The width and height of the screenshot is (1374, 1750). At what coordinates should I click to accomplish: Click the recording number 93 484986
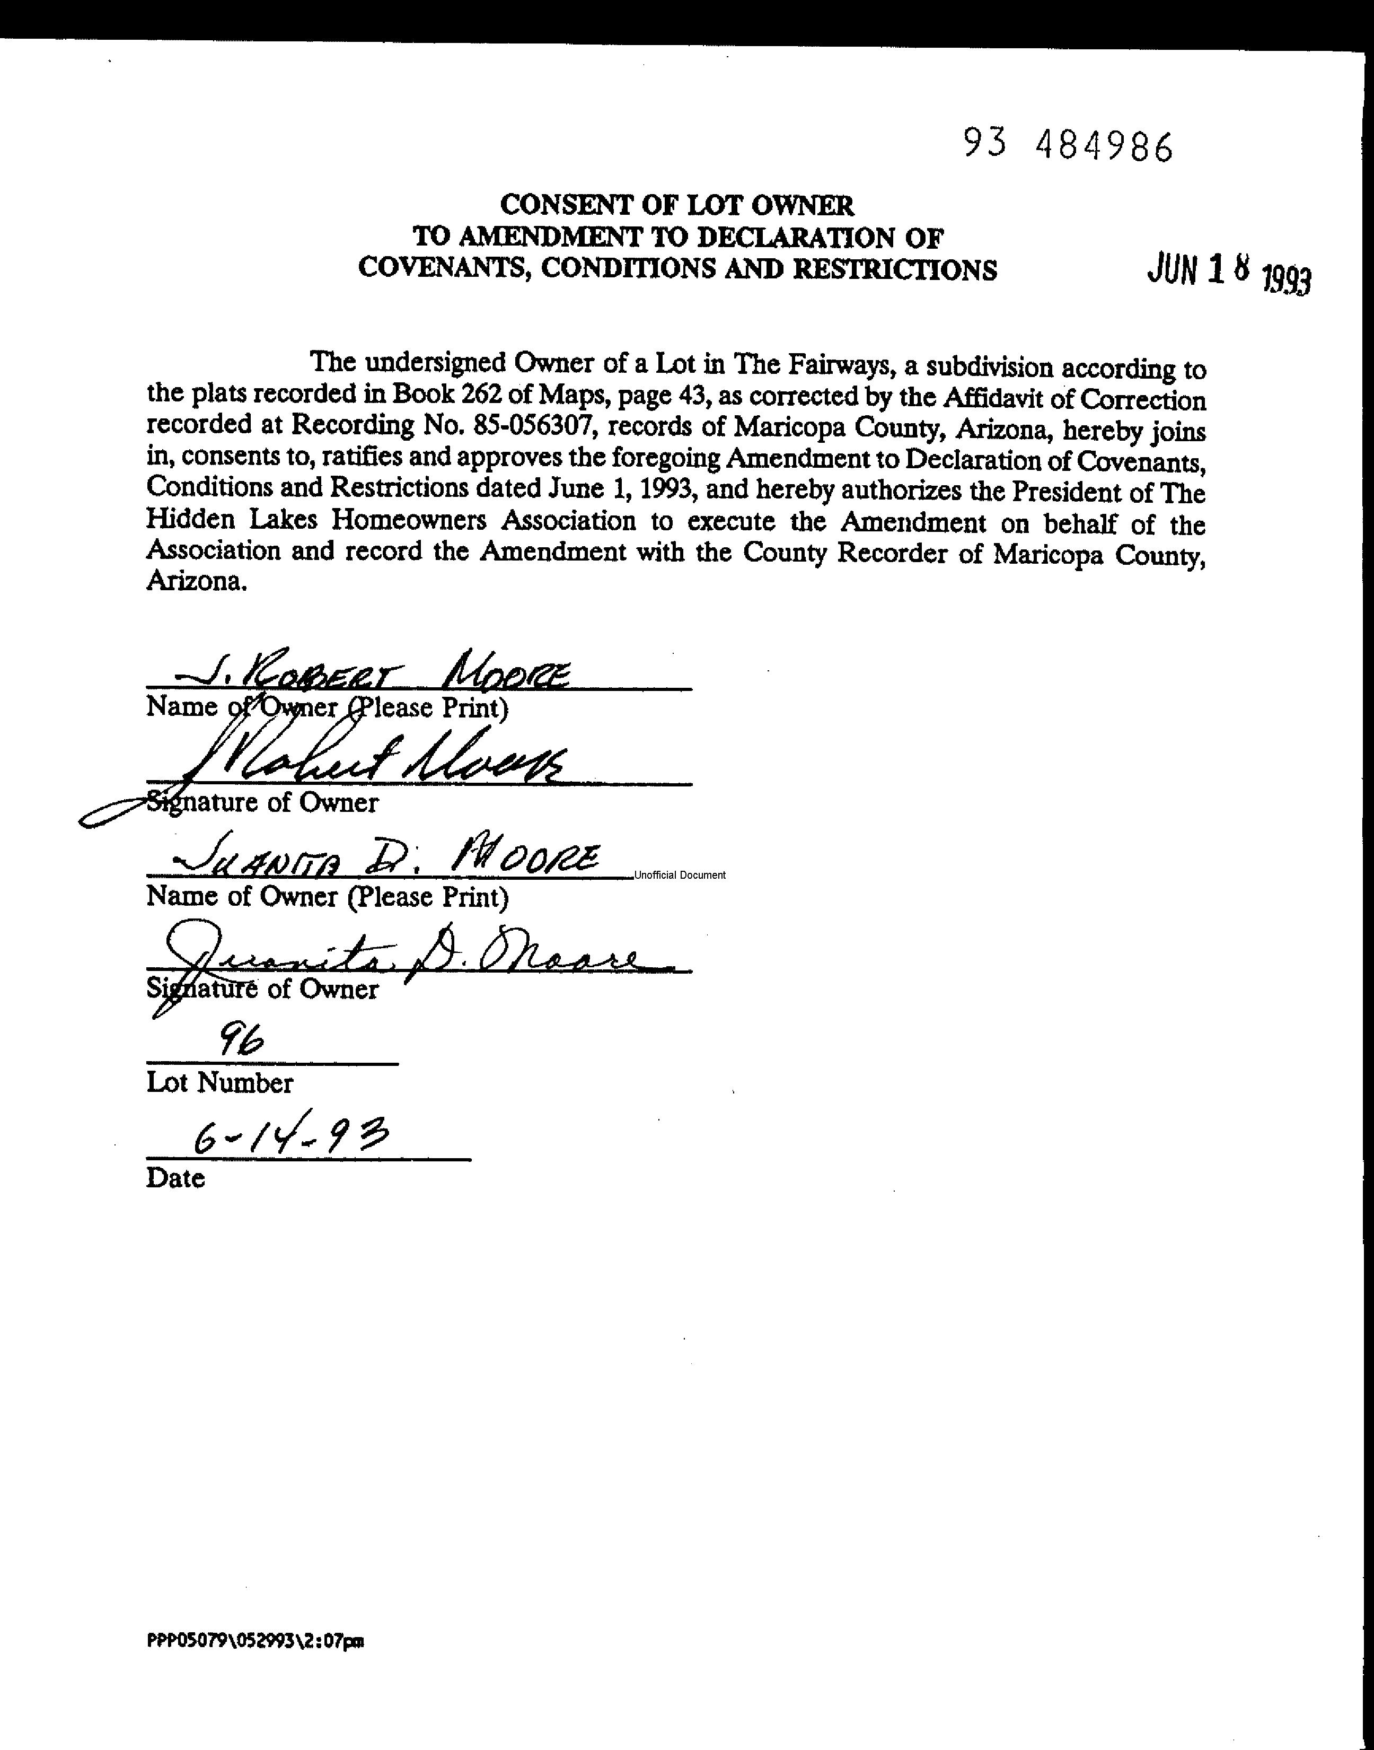1068,146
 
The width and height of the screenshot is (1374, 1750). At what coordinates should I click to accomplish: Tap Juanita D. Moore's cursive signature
410,958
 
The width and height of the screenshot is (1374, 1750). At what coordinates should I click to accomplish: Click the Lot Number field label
219,1083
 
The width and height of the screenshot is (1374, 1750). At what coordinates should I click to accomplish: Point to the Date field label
175,1178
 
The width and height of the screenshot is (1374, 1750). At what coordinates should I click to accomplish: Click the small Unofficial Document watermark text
680,876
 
